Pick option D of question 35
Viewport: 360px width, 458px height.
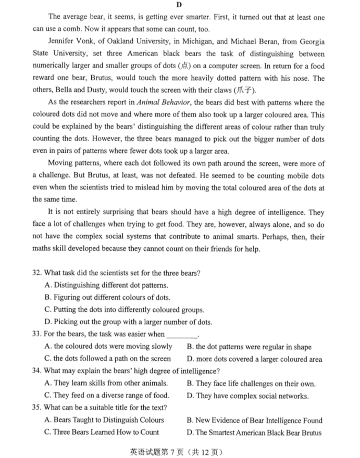pyautogui.click(x=254, y=432)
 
